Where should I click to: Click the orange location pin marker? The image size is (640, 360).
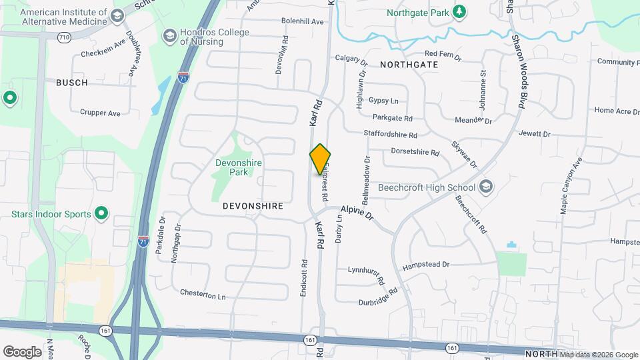click(320, 159)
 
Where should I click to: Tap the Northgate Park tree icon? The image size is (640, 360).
click(459, 12)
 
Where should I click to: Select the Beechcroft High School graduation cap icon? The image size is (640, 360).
click(486, 187)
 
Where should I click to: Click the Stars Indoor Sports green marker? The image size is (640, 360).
click(101, 214)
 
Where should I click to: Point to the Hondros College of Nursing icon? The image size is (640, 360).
click(169, 35)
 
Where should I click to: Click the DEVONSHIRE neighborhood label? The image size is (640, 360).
click(253, 206)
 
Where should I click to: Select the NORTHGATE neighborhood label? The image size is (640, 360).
click(409, 65)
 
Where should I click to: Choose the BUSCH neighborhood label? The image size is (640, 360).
click(72, 83)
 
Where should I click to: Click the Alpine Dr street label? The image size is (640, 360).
click(359, 213)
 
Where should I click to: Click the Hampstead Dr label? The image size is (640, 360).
click(426, 265)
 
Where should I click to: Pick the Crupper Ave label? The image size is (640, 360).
click(100, 113)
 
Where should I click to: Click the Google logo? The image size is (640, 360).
click(22, 351)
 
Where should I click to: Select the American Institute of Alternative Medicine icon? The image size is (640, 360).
click(118, 15)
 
